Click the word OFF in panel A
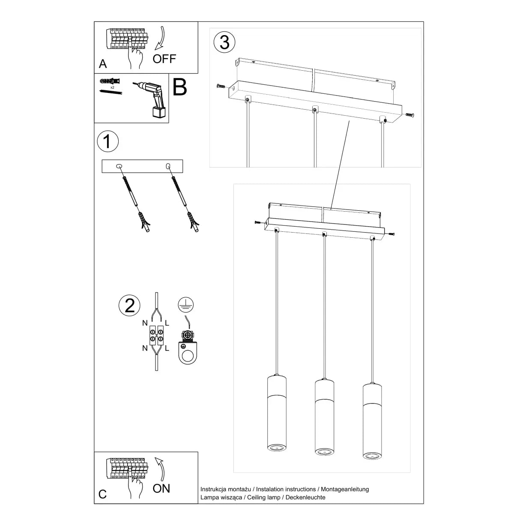(x=164, y=59)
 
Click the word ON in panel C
(x=161, y=488)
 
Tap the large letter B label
(x=180, y=87)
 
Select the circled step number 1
(x=107, y=141)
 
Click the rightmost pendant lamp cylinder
(x=372, y=420)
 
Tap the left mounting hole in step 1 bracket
(x=120, y=165)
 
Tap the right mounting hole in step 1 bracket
(x=167, y=165)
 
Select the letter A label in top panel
(x=103, y=64)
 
